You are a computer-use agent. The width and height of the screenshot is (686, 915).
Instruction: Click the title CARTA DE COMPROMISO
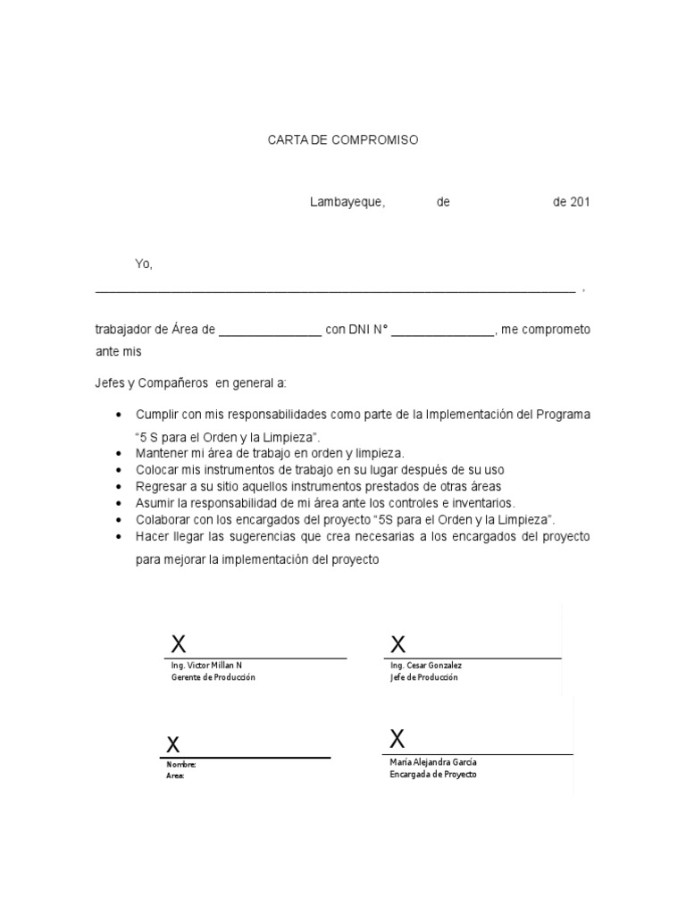point(343,141)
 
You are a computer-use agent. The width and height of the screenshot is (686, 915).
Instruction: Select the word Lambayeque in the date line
point(347,202)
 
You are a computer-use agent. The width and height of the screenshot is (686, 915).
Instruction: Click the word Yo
point(144,264)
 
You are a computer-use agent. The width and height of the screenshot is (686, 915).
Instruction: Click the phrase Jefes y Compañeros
point(149,383)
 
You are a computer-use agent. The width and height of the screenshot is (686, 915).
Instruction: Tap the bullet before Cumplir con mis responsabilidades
point(120,416)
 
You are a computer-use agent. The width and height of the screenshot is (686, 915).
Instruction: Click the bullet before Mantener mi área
point(120,455)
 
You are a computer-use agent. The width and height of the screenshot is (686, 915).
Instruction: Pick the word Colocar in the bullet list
point(158,470)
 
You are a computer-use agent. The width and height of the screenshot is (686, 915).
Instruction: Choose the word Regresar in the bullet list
point(162,486)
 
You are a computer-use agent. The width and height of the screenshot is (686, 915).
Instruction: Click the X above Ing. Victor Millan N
point(179,643)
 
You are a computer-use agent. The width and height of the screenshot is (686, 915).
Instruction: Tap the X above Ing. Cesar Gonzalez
point(398,644)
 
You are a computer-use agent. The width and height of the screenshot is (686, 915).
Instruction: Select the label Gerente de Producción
point(213,678)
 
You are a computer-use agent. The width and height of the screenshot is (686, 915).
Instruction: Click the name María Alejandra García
point(434,762)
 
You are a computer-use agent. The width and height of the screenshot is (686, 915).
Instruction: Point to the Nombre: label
point(181,765)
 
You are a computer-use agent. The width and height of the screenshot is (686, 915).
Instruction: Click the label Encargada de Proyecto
point(433,775)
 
